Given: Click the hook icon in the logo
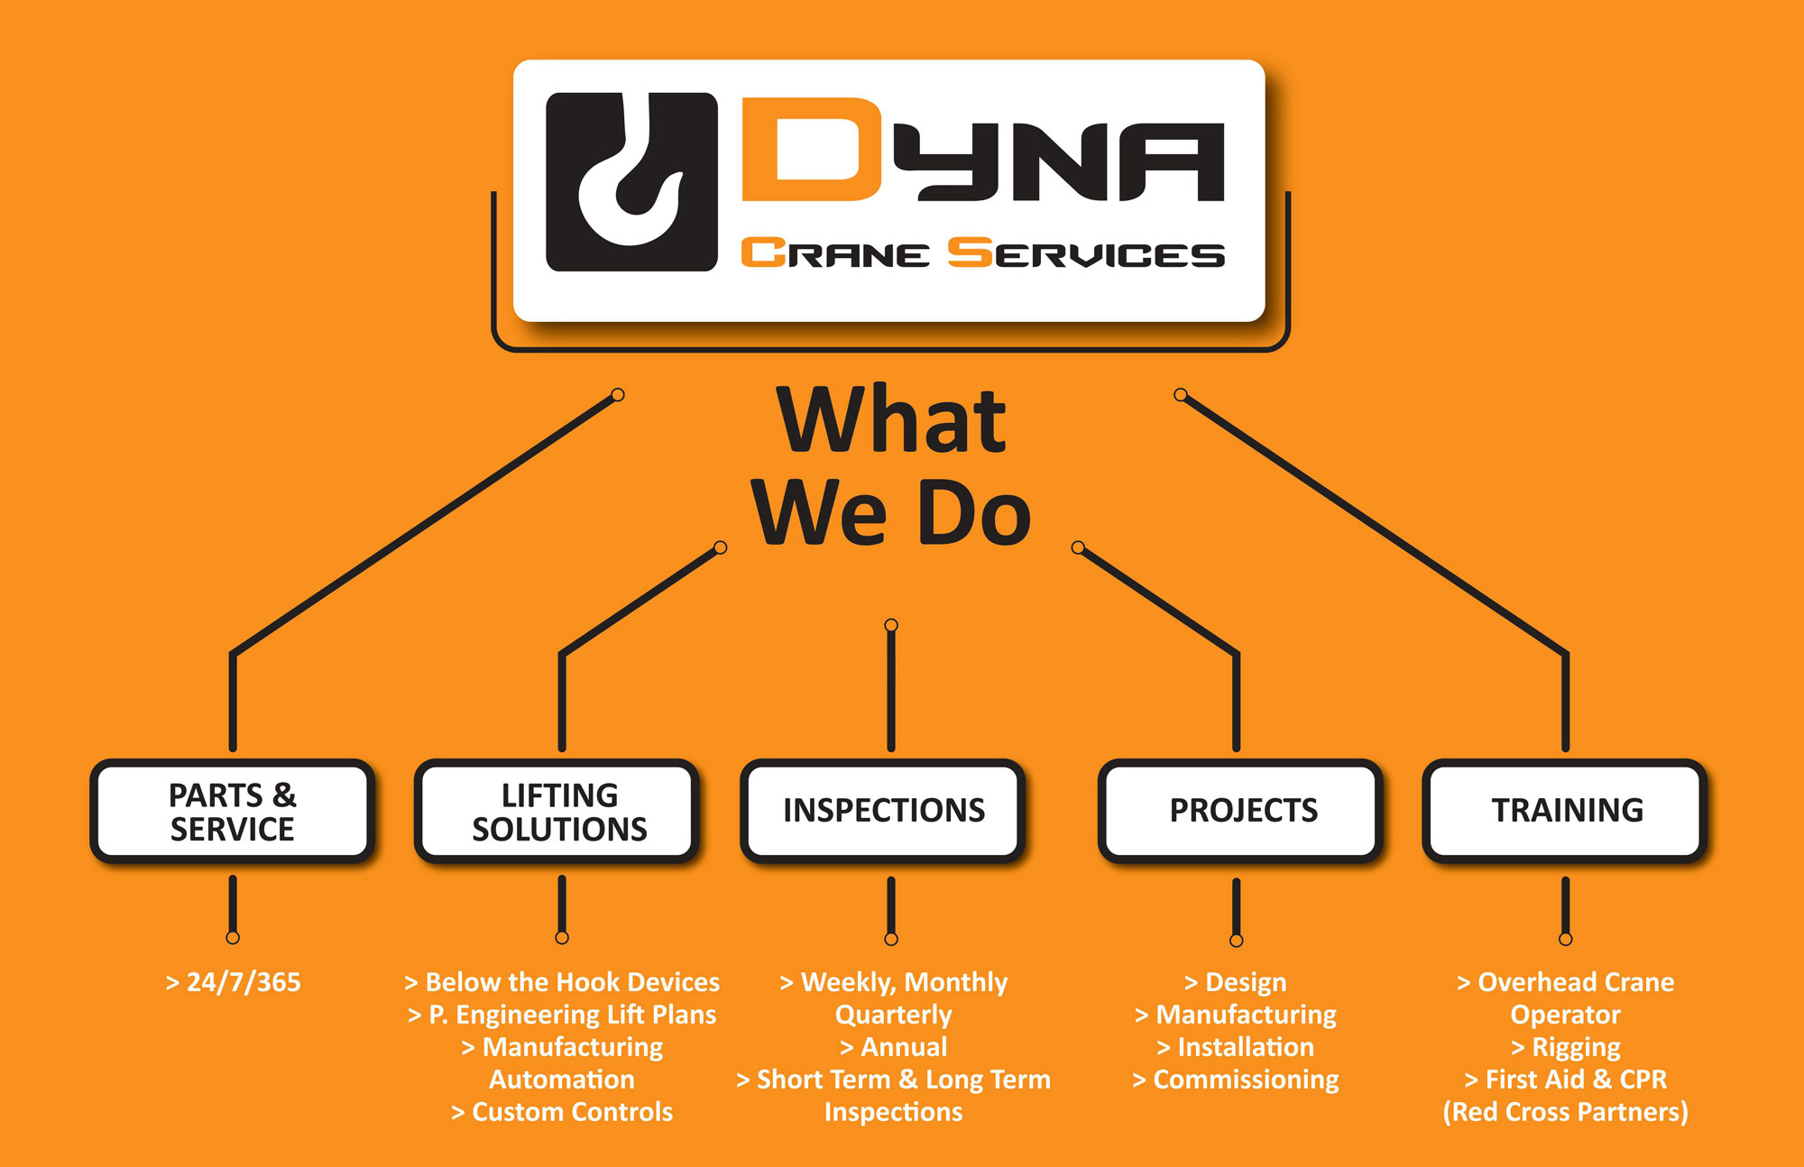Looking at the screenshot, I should (631, 181).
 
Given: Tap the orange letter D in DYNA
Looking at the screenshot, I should (810, 149).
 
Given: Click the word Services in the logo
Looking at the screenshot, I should (1086, 253).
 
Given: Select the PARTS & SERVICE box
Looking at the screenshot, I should (233, 812).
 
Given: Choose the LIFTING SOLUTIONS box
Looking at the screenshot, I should (559, 812).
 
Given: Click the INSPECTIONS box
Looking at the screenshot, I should (884, 810).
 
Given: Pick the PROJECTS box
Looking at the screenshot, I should (1243, 810).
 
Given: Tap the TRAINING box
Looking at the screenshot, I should (1567, 810).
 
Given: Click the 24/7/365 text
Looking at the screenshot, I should (234, 982).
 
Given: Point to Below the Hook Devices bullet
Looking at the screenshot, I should (562, 982).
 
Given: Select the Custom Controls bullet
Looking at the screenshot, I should (562, 1112).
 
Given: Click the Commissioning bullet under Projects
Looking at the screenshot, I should (1236, 1080).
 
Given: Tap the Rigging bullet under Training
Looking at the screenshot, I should (1566, 1047).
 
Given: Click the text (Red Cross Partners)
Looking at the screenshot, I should (1566, 1112).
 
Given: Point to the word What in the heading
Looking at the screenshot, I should (891, 420).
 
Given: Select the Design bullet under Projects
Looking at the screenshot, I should (1236, 982).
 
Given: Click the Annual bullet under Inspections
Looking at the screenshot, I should (893, 1047).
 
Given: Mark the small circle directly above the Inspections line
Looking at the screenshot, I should (891, 625).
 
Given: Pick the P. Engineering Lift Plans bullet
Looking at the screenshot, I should (562, 1015).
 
